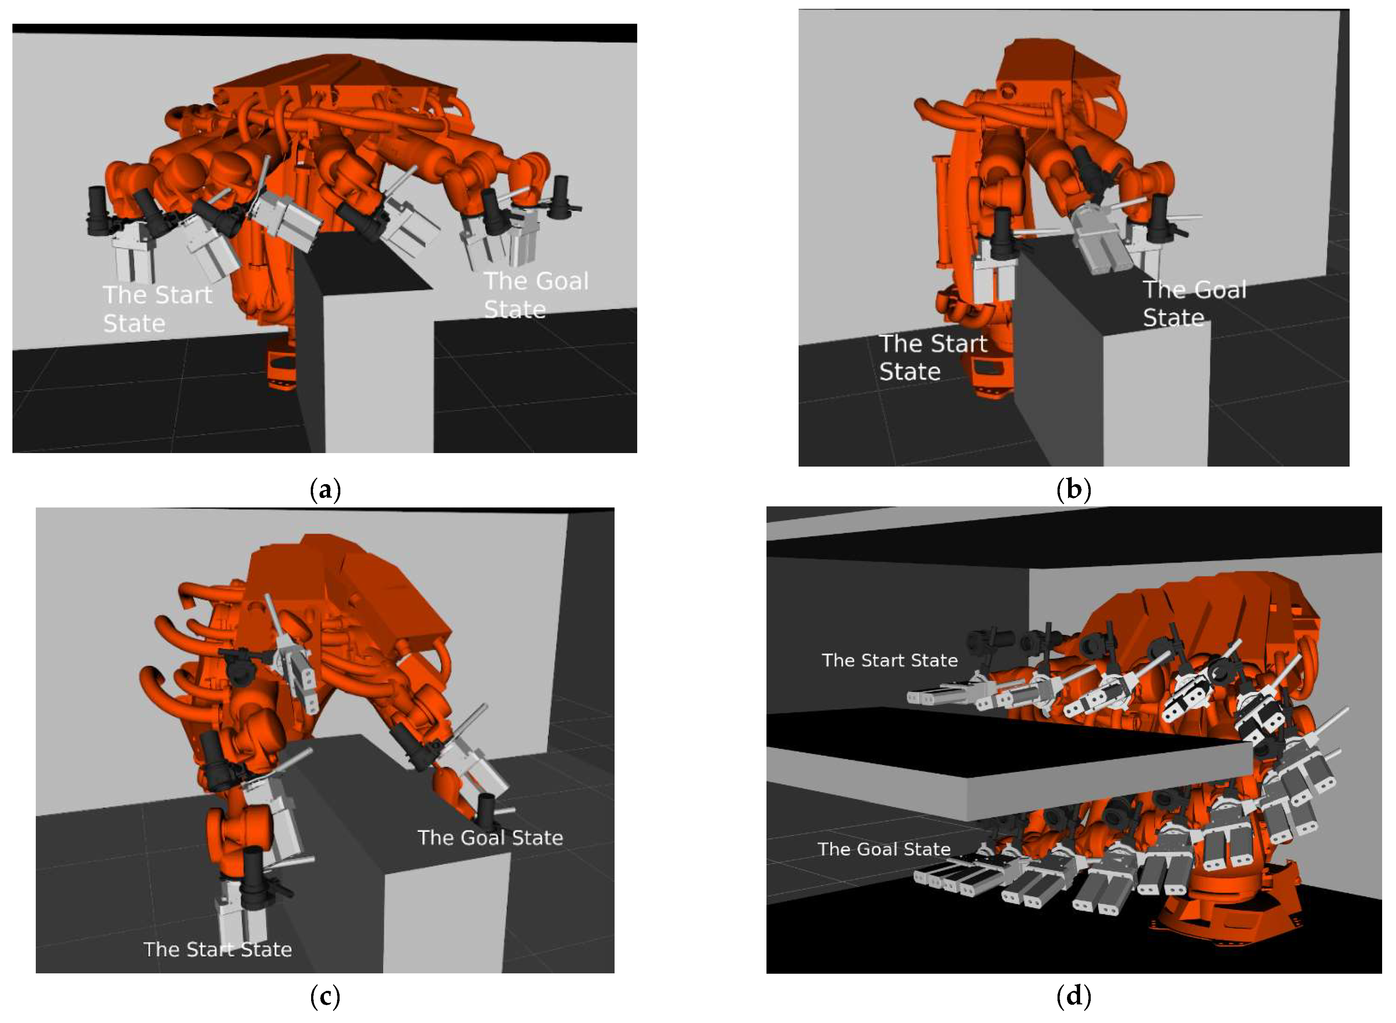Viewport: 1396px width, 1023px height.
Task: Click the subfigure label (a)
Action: [325, 490]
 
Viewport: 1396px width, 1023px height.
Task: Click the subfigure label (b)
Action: [1073, 489]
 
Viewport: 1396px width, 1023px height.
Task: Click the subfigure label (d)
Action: [1073, 996]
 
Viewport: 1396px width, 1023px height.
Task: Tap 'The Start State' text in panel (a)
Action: [157, 309]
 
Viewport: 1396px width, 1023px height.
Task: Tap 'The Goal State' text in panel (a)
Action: [536, 295]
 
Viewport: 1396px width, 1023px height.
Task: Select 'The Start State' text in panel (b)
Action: [933, 357]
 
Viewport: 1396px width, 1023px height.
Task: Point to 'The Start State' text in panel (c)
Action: [217, 949]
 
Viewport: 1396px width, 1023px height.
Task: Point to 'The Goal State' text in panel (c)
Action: [490, 837]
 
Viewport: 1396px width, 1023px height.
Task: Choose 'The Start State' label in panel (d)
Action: [890, 660]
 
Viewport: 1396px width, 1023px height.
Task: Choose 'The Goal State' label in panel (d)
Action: [884, 848]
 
